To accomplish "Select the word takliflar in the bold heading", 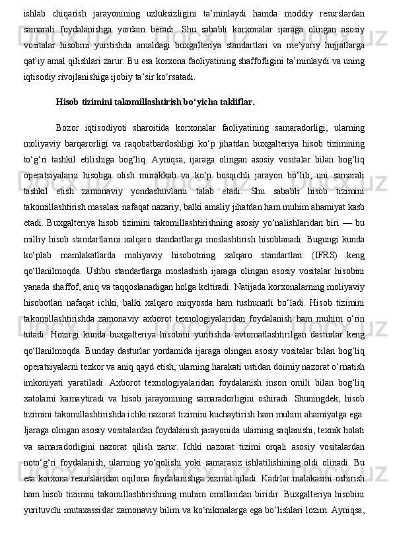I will click(x=232, y=102).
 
